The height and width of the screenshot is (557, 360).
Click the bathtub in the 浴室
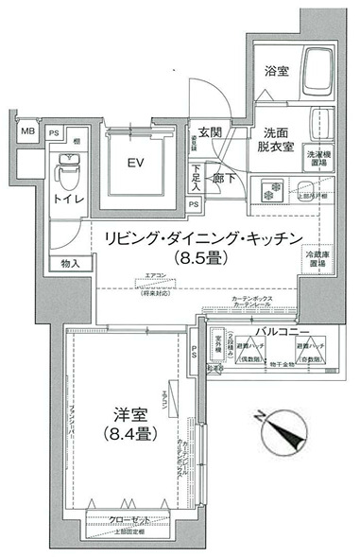[x=317, y=71]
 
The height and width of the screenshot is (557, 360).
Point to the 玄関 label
[x=210, y=133]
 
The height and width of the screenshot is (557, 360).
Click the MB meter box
[x=28, y=132]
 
